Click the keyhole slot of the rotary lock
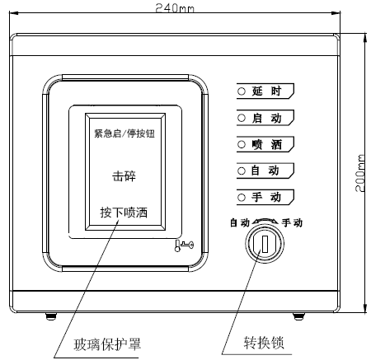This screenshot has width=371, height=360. [264, 245]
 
